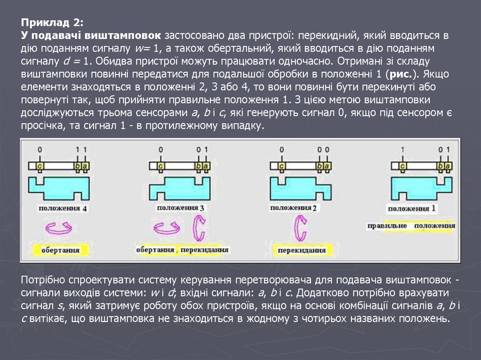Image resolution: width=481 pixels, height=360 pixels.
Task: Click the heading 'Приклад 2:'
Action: [x=52, y=23]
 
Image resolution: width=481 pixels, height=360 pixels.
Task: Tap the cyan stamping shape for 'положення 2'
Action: [x=299, y=188]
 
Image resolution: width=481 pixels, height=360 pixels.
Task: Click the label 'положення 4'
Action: [x=62, y=208]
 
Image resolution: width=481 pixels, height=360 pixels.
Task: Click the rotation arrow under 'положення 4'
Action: [x=57, y=229]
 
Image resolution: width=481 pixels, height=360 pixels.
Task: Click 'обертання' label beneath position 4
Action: [x=60, y=250]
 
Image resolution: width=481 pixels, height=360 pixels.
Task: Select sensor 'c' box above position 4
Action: [x=40, y=166]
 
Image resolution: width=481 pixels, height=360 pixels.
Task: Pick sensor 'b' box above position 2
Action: [x=320, y=166]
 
